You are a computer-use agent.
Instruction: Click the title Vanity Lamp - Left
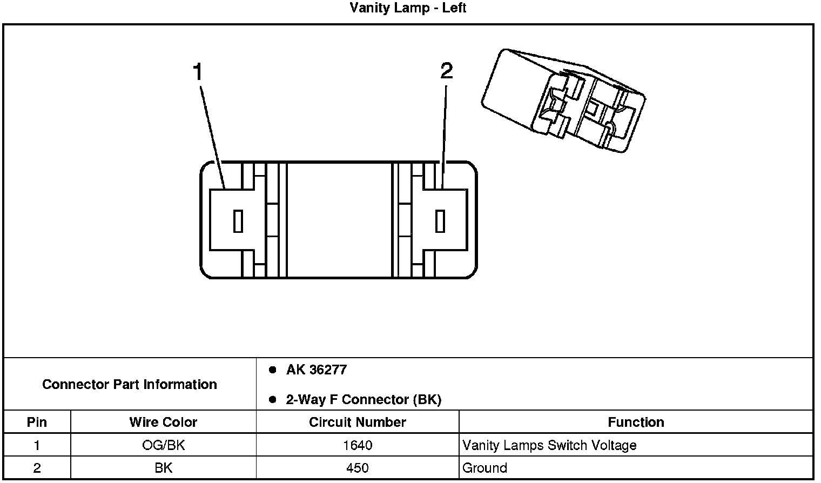(408, 8)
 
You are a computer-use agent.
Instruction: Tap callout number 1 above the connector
(198, 72)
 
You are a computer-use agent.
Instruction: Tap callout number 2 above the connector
(446, 71)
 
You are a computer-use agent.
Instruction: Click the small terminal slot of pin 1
(238, 221)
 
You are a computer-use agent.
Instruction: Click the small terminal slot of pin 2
(440, 221)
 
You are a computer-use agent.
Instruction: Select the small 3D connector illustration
(563, 100)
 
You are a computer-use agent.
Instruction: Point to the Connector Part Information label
(130, 384)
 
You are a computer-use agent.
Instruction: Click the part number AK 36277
(316, 370)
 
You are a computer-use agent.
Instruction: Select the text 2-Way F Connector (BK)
(363, 400)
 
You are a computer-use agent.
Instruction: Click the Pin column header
(37, 422)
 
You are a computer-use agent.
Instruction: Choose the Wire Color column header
(163, 422)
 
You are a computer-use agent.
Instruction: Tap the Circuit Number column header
(357, 422)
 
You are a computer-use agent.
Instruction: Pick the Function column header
(636, 422)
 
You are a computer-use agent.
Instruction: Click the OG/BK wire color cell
(163, 445)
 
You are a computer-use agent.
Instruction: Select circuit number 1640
(357, 445)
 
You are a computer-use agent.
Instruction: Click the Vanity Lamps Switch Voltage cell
(549, 445)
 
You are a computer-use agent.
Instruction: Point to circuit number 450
(357, 468)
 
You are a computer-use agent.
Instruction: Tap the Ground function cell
(484, 468)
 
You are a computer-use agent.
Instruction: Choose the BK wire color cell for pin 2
(163, 468)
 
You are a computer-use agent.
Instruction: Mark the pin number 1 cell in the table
(37, 445)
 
